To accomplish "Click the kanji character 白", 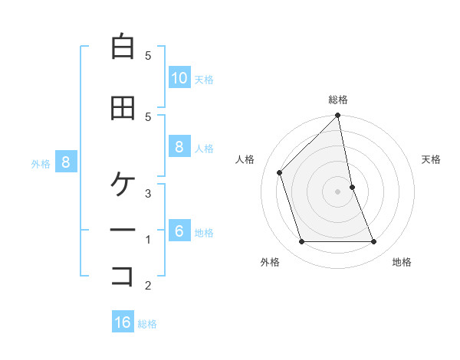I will click(123, 47).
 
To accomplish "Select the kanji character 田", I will click(123, 108).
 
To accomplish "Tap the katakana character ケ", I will click(123, 185).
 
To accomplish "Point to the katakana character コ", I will click(123, 277).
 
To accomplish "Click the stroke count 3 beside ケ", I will click(148, 193).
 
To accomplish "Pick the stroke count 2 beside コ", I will click(148, 286).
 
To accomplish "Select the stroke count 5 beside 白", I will click(148, 55).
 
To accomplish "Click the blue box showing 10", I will click(179, 78).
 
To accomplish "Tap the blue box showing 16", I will click(123, 322).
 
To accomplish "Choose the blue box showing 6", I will click(179, 231).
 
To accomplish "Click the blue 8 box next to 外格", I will click(66, 162).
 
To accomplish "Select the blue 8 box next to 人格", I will click(179, 147).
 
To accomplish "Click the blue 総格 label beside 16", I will click(147, 324).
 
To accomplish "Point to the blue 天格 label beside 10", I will click(204, 80).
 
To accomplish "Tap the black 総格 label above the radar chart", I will click(338, 100).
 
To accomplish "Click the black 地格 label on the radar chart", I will click(402, 262).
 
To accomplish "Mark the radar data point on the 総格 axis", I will click(338, 116).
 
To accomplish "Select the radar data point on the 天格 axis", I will click(352, 187).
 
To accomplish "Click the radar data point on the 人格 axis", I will click(280, 172).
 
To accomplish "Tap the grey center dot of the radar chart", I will click(338, 191).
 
